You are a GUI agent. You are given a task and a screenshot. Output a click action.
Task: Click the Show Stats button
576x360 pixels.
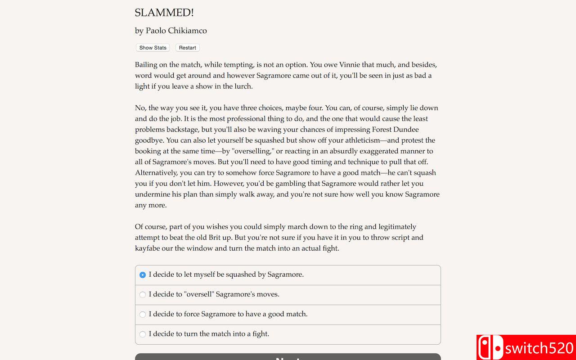tap(153, 48)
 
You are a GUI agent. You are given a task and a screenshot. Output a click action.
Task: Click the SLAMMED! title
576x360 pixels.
tap(164, 13)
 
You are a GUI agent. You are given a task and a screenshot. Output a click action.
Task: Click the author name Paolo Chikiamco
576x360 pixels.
tap(176, 31)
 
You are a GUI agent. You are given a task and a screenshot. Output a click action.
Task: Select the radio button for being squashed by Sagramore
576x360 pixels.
tap(143, 274)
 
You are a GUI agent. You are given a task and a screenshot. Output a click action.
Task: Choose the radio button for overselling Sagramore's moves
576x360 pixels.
tap(143, 294)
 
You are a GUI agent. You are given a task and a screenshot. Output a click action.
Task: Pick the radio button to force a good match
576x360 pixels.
tap(143, 314)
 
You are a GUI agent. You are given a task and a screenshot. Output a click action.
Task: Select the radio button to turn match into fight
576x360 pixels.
tap(143, 334)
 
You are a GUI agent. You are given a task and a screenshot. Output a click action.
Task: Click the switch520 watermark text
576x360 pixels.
tap(539, 348)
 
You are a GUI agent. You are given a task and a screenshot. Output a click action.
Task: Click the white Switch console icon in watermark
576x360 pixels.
tap(490, 348)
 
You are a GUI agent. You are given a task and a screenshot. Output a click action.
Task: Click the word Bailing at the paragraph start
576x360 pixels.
tap(146, 65)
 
